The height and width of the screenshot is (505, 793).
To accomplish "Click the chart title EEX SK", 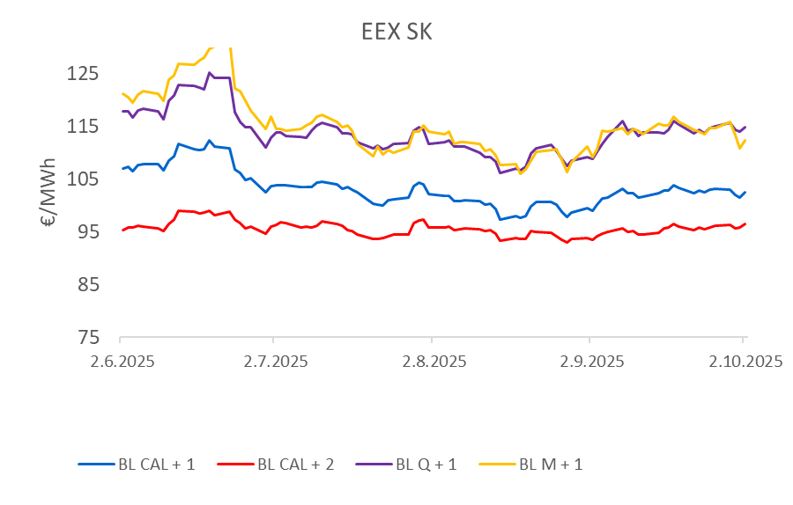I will click(x=396, y=32).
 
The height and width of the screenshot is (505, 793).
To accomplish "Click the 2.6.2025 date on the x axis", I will click(x=120, y=361).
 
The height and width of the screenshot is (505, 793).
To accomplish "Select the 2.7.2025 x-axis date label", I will click(x=273, y=361).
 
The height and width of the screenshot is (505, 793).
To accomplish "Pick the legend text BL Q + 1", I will click(x=426, y=464).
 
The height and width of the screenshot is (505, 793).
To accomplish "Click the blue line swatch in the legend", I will click(x=95, y=464).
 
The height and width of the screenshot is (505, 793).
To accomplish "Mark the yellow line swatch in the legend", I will click(x=496, y=464).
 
